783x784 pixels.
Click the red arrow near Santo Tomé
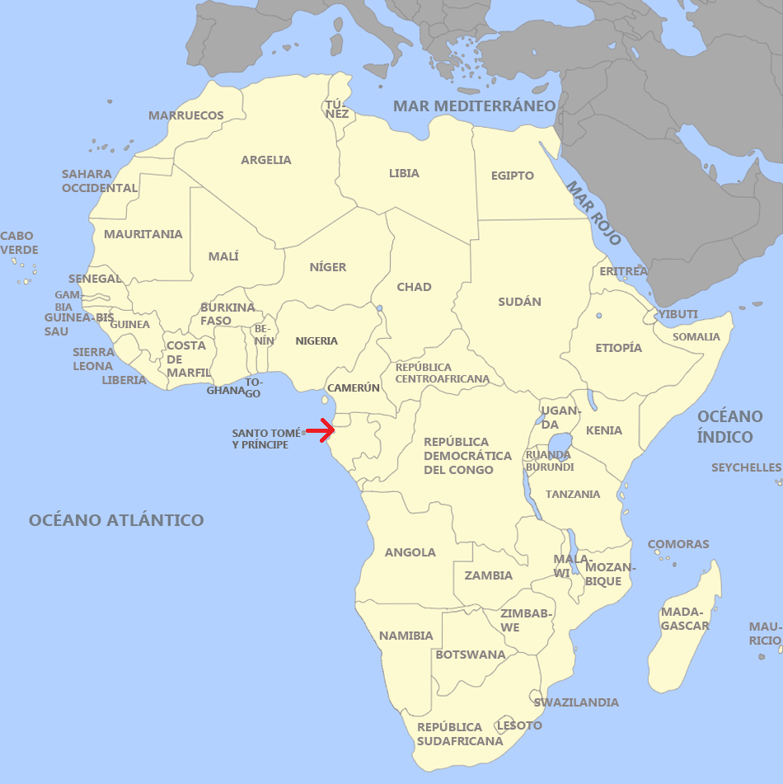point(321,429)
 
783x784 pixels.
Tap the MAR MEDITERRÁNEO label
point(475,106)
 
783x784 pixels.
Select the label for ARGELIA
point(266,160)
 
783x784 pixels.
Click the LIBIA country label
point(404,173)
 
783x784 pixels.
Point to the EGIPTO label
point(513,176)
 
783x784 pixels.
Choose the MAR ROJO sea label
point(593,212)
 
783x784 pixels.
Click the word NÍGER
point(328,267)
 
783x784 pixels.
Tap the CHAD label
point(414,287)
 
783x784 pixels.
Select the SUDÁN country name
point(519,302)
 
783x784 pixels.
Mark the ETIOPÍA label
point(618,348)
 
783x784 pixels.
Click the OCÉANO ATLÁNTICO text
point(116,520)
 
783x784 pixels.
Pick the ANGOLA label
point(410,552)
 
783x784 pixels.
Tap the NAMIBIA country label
point(406,636)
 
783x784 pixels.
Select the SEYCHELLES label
point(746,467)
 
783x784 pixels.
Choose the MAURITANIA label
point(143,234)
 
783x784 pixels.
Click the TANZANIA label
point(573,495)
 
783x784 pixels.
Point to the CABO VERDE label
point(19,243)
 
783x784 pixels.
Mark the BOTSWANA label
point(471,655)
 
